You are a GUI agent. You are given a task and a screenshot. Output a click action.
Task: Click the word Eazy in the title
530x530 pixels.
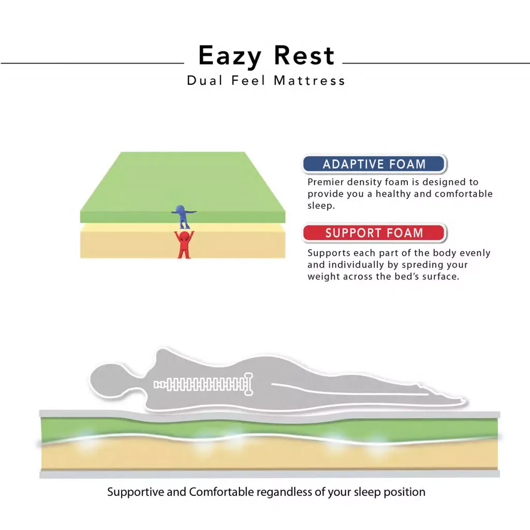(x=229, y=56)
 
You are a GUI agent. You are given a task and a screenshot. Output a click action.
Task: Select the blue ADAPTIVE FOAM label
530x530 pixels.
(x=374, y=165)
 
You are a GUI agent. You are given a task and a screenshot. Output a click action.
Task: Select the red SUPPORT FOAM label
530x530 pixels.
(x=374, y=233)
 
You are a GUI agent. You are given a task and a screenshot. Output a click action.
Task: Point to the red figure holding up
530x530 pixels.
(x=184, y=244)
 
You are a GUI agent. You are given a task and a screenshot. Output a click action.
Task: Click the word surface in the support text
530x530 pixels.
(x=441, y=276)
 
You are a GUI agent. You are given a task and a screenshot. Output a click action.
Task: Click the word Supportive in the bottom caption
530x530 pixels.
(x=135, y=492)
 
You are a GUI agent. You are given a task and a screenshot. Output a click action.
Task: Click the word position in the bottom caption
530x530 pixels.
(x=404, y=492)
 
